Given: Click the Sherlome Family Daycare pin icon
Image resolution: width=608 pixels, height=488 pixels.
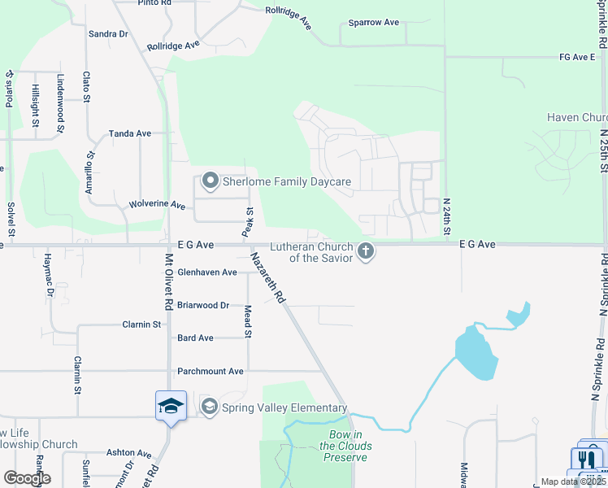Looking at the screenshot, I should tap(211, 181).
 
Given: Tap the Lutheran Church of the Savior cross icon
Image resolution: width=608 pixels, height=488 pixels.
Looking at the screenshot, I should tap(366, 251).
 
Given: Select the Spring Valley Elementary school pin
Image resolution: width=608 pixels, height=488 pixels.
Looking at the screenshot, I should tap(209, 407).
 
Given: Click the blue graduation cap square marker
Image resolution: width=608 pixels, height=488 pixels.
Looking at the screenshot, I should tap(171, 405).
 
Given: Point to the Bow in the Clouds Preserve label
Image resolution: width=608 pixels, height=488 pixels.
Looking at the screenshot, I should tap(345, 446).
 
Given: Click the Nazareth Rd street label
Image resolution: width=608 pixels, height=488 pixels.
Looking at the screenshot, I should tap(267, 277).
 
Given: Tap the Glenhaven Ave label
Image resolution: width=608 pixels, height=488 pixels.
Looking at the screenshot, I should tap(206, 272).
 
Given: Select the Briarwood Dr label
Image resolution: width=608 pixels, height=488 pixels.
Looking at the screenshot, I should tap(203, 306).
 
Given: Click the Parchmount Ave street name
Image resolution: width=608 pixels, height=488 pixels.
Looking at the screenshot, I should tap(211, 372).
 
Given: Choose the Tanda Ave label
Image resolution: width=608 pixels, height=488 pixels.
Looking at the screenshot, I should tap(130, 133).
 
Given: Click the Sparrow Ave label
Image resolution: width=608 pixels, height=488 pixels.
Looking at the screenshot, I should tap(374, 23).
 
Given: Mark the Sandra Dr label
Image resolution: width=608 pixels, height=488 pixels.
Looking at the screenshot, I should tap(108, 34).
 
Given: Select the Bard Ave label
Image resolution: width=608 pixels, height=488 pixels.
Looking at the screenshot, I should tap(195, 338).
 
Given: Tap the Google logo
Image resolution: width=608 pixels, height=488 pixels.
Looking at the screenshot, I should tap(27, 478).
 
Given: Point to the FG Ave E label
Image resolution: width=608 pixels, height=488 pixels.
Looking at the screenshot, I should tap(577, 58).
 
